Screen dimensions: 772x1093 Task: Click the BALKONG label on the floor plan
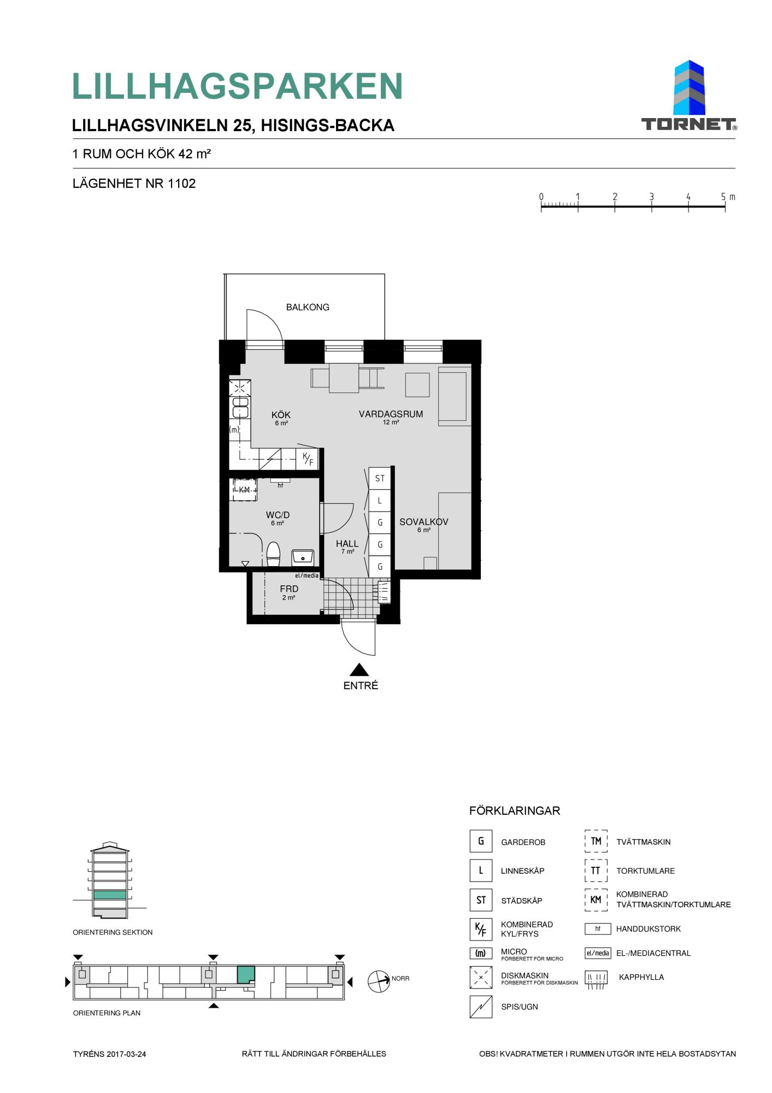(308, 307)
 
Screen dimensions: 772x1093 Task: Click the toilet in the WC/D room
(273, 554)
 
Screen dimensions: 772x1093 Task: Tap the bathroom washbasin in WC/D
(303, 556)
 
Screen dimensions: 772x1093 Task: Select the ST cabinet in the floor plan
(380, 478)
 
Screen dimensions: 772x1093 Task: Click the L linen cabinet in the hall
(380, 501)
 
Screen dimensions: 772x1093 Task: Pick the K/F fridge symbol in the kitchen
(308, 459)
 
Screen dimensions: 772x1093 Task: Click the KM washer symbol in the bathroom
(244, 490)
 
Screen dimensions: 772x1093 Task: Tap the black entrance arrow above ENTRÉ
(359, 669)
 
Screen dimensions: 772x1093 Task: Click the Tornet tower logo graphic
(689, 87)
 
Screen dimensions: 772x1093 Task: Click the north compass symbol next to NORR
(379, 982)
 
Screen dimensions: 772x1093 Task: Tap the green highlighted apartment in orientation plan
(246, 974)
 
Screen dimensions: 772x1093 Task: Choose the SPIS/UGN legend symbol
(481, 1007)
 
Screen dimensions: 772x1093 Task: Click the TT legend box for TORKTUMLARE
(596, 871)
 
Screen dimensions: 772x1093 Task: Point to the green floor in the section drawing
(110, 895)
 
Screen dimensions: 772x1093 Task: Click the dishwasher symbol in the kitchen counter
(240, 389)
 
